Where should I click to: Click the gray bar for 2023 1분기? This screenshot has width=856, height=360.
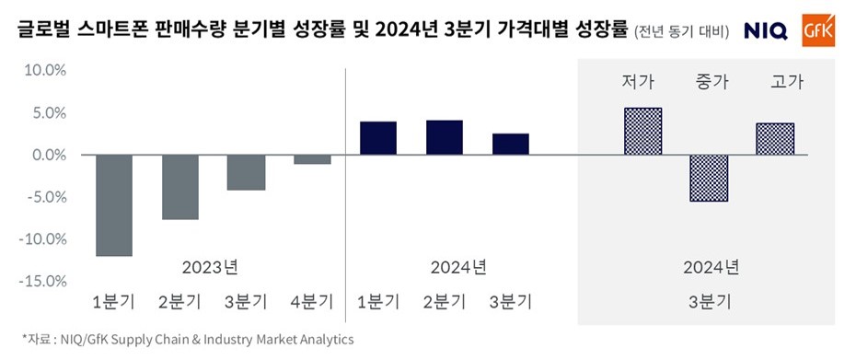tap(114, 205)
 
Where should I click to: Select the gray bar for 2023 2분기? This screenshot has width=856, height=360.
tap(180, 187)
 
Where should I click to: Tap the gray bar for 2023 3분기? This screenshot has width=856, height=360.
tap(247, 172)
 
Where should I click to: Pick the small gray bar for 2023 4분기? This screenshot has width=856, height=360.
tap(312, 159)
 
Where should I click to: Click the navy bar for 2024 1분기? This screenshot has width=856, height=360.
tap(378, 138)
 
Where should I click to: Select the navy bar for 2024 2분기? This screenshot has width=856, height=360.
tap(445, 137)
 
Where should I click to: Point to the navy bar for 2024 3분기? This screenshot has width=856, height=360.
tap(511, 145)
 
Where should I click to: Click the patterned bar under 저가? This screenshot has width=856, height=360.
tap(642, 132)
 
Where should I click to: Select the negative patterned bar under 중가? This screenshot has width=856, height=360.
tap(710, 179)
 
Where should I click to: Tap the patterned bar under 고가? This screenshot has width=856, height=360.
tap(775, 139)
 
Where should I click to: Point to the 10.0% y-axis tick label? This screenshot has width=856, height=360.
tap(43, 71)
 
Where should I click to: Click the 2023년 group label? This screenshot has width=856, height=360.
tap(211, 267)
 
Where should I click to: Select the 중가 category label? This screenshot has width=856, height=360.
tap(712, 82)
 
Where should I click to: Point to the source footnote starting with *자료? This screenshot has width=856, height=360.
tap(188, 340)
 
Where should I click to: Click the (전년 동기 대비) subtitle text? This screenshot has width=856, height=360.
tap(681, 32)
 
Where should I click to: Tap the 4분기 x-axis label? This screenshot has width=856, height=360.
tap(311, 301)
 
